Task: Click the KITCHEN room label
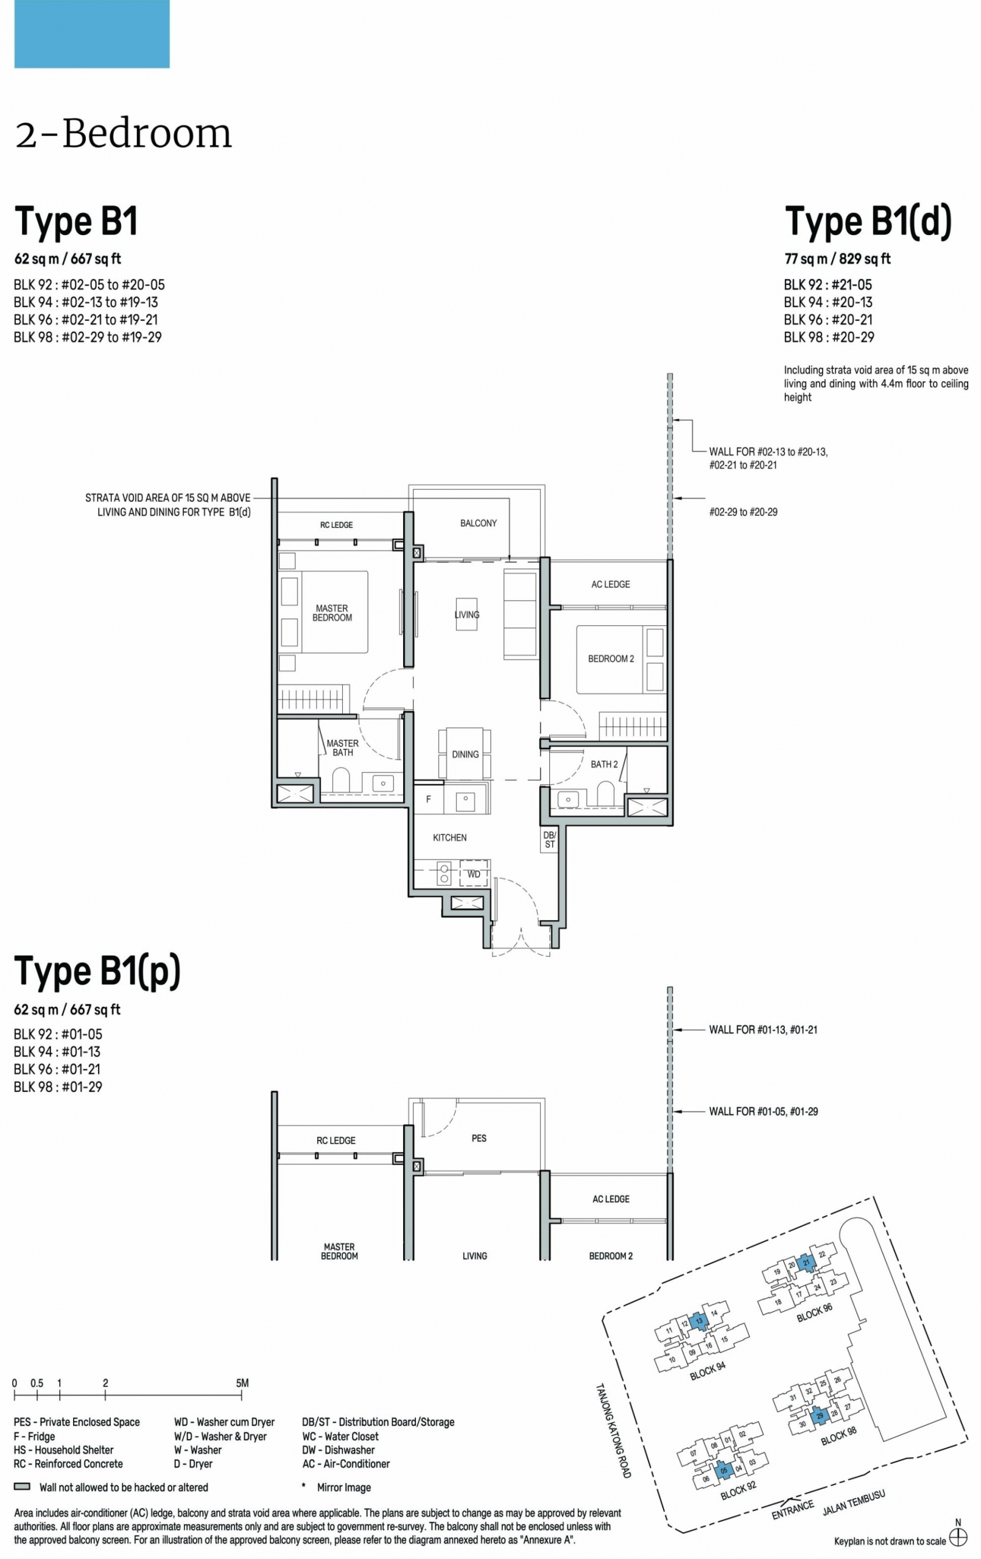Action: click(x=449, y=838)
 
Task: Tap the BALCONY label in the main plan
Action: click(x=479, y=523)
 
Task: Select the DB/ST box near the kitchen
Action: click(x=549, y=840)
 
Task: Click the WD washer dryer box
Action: click(x=474, y=874)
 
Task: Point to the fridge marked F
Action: click(x=428, y=799)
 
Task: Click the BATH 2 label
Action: click(x=604, y=765)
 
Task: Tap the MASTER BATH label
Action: click(x=343, y=748)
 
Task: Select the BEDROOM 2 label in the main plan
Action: click(x=611, y=659)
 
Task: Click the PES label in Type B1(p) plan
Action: click(x=479, y=1138)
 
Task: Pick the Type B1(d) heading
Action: click(x=868, y=222)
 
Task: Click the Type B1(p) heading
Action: click(x=97, y=971)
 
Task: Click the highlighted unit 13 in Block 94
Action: click(x=698, y=1321)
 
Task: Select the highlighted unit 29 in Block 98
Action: click(x=820, y=1416)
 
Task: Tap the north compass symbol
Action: click(x=958, y=1537)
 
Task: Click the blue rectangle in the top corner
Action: click(x=92, y=33)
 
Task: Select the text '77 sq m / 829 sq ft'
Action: click(x=837, y=259)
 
